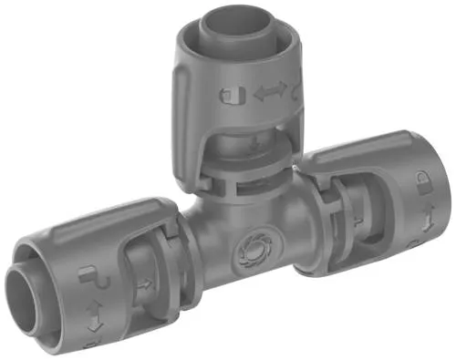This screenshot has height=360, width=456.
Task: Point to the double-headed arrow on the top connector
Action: pos(270,91)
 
